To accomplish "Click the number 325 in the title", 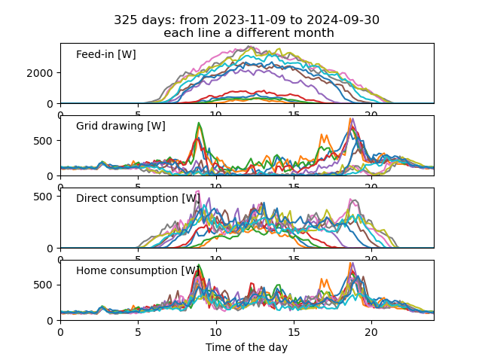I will point(125,20).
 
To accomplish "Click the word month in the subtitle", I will point(315,33).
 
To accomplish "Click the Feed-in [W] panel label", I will point(105,54).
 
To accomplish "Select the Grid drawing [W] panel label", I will point(120,126).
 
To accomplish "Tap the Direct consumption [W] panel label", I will point(138,198).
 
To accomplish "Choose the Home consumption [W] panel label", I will point(138,270).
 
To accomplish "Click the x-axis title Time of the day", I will point(246,347).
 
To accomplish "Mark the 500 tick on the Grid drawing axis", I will point(45,141).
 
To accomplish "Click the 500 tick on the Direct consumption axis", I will point(45,196).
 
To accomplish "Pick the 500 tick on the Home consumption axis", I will point(45,285).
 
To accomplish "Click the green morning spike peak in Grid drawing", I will point(199,123).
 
